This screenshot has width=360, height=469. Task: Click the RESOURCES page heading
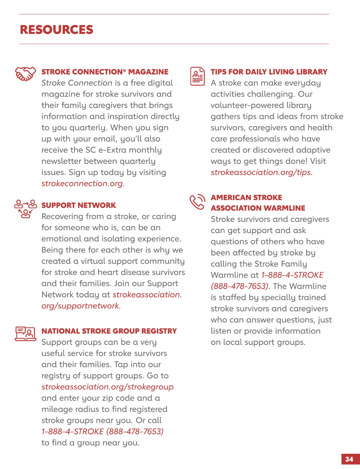click(57, 30)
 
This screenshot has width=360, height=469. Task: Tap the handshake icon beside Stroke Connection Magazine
click(25, 74)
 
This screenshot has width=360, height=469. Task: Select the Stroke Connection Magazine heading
click(105, 72)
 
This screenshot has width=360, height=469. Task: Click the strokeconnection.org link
click(83, 183)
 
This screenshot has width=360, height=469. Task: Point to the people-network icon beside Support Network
click(25, 208)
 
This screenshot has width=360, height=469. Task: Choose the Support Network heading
click(79, 205)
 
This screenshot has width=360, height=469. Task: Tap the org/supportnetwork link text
click(81, 306)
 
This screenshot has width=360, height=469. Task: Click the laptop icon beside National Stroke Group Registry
click(25, 334)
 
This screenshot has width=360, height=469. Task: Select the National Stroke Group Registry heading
click(109, 331)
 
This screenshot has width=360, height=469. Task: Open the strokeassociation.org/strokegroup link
click(107, 387)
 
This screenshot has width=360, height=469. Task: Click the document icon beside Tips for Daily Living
click(198, 76)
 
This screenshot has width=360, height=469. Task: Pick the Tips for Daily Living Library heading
click(269, 72)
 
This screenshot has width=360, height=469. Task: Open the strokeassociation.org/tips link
click(262, 172)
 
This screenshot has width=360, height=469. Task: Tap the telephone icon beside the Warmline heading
click(198, 202)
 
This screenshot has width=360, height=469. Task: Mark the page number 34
click(349, 459)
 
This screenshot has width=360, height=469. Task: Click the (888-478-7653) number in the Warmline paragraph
click(240, 286)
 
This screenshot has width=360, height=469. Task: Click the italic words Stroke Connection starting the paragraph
click(77, 83)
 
